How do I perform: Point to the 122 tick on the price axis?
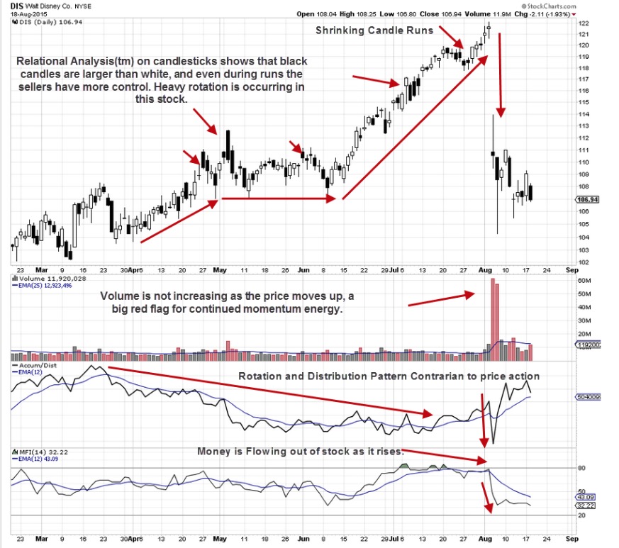click(x=584, y=23)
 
